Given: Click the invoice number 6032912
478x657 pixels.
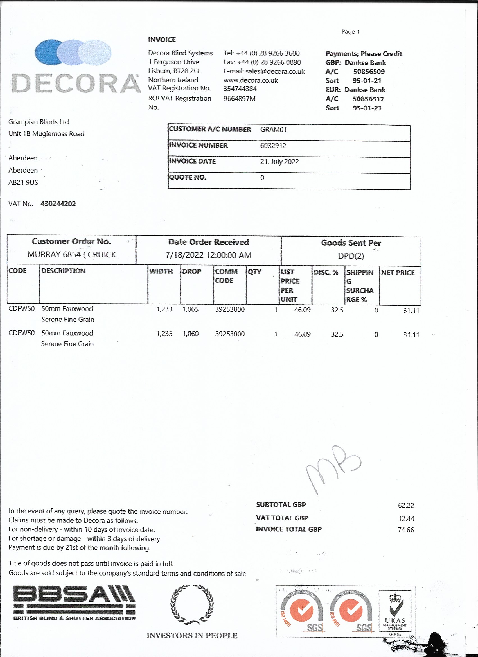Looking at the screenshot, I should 273,145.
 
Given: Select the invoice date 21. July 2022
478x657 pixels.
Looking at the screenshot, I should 279,162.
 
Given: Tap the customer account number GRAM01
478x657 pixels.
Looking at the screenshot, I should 273,130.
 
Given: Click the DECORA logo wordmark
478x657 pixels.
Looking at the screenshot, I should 76,83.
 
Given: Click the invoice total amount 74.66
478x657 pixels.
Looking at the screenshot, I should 406,530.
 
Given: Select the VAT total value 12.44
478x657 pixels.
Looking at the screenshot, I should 406,518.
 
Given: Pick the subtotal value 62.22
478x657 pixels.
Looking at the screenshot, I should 406,506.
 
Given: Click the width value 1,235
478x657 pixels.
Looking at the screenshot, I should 164,334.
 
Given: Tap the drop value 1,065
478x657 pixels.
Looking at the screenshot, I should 190,309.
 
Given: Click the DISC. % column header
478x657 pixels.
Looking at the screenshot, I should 326,272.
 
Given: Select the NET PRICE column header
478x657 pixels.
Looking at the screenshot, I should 398,273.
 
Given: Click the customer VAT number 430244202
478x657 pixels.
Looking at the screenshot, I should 58,204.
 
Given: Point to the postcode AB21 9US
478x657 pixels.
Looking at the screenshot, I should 23,182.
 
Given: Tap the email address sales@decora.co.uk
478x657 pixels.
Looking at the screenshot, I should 275,71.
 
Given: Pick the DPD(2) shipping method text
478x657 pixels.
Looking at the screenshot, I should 351,256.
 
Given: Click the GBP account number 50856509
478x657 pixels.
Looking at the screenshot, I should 369,72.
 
